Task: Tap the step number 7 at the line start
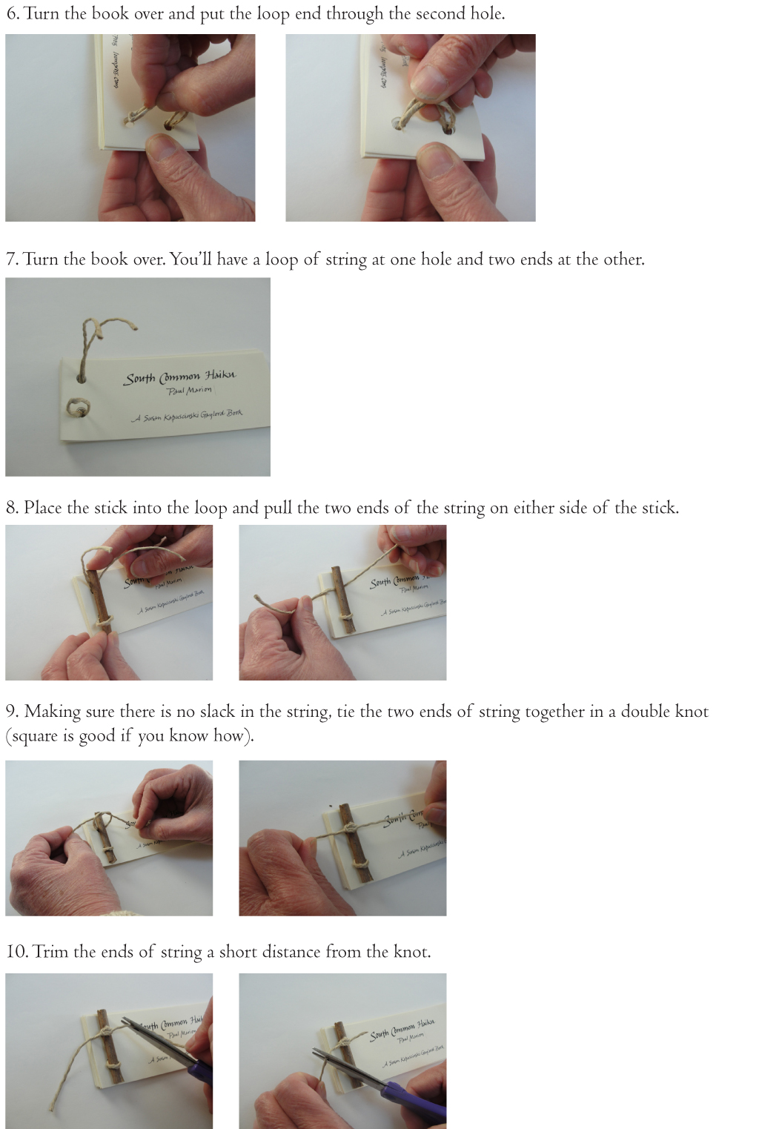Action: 11,259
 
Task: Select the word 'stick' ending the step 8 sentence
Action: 657,508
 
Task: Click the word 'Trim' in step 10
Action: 50,952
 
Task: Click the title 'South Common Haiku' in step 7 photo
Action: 180,377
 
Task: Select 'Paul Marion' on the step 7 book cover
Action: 190,391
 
